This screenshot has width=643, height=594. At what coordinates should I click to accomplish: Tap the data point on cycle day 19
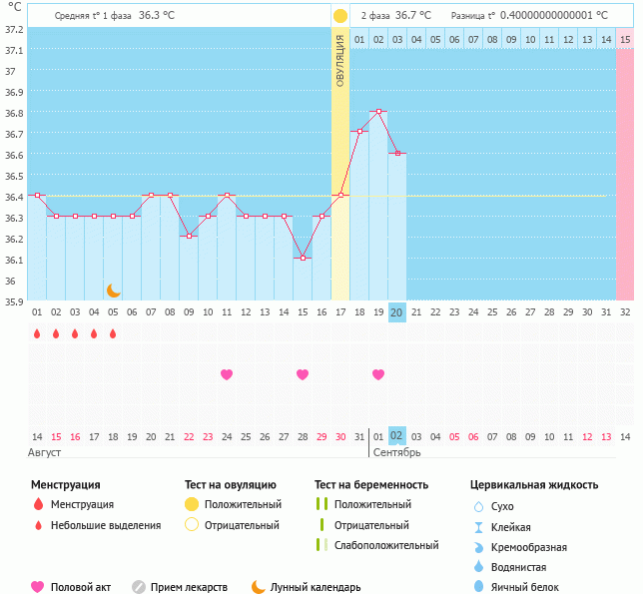point(377,112)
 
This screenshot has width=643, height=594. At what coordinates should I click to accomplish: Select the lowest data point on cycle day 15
point(302,258)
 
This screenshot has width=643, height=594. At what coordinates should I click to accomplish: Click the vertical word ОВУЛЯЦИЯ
point(339,60)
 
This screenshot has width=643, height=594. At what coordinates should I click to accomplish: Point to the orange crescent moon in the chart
point(113,291)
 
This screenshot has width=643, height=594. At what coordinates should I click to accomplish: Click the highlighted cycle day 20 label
point(396,312)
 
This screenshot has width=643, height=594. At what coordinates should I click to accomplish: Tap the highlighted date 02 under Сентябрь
point(396,436)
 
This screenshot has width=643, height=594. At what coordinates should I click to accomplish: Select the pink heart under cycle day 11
point(227,374)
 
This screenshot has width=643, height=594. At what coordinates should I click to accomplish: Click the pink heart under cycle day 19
point(377,374)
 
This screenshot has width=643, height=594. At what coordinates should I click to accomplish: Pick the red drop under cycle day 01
point(37,334)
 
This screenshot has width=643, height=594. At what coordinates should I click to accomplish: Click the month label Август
point(45,453)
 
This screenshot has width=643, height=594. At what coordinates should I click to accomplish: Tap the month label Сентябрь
point(396,453)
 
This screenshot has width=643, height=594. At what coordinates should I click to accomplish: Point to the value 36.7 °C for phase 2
point(412,16)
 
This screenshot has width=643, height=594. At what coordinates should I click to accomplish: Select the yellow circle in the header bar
point(339,16)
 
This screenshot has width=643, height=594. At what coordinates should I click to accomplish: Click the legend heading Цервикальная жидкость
point(534,485)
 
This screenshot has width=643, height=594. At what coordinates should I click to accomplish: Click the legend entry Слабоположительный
point(386,545)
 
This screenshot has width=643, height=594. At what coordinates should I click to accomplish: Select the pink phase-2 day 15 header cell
point(625,39)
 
